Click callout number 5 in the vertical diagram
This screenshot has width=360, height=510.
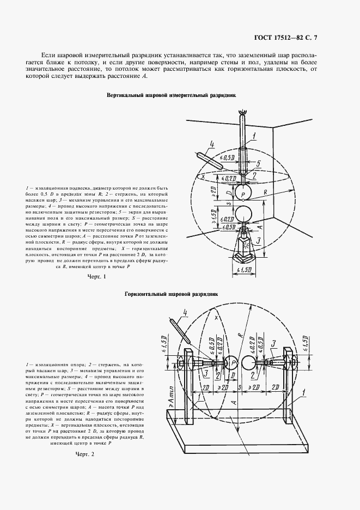click(x=259, y=162)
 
